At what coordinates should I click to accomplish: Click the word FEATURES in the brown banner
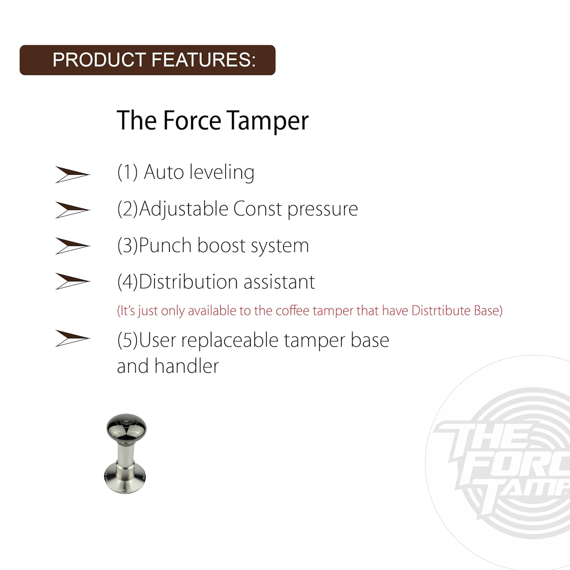[204, 60]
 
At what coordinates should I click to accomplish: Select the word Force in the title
[192, 120]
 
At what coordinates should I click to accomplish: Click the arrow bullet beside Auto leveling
[72, 174]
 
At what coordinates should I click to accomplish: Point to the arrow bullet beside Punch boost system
[72, 246]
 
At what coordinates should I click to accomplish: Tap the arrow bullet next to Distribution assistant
[72, 281]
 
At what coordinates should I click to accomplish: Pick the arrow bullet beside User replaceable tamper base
[72, 338]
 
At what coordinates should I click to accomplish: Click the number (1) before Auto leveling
[127, 172]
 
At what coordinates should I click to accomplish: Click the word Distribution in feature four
[189, 282]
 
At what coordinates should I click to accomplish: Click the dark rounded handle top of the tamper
[126, 428]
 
